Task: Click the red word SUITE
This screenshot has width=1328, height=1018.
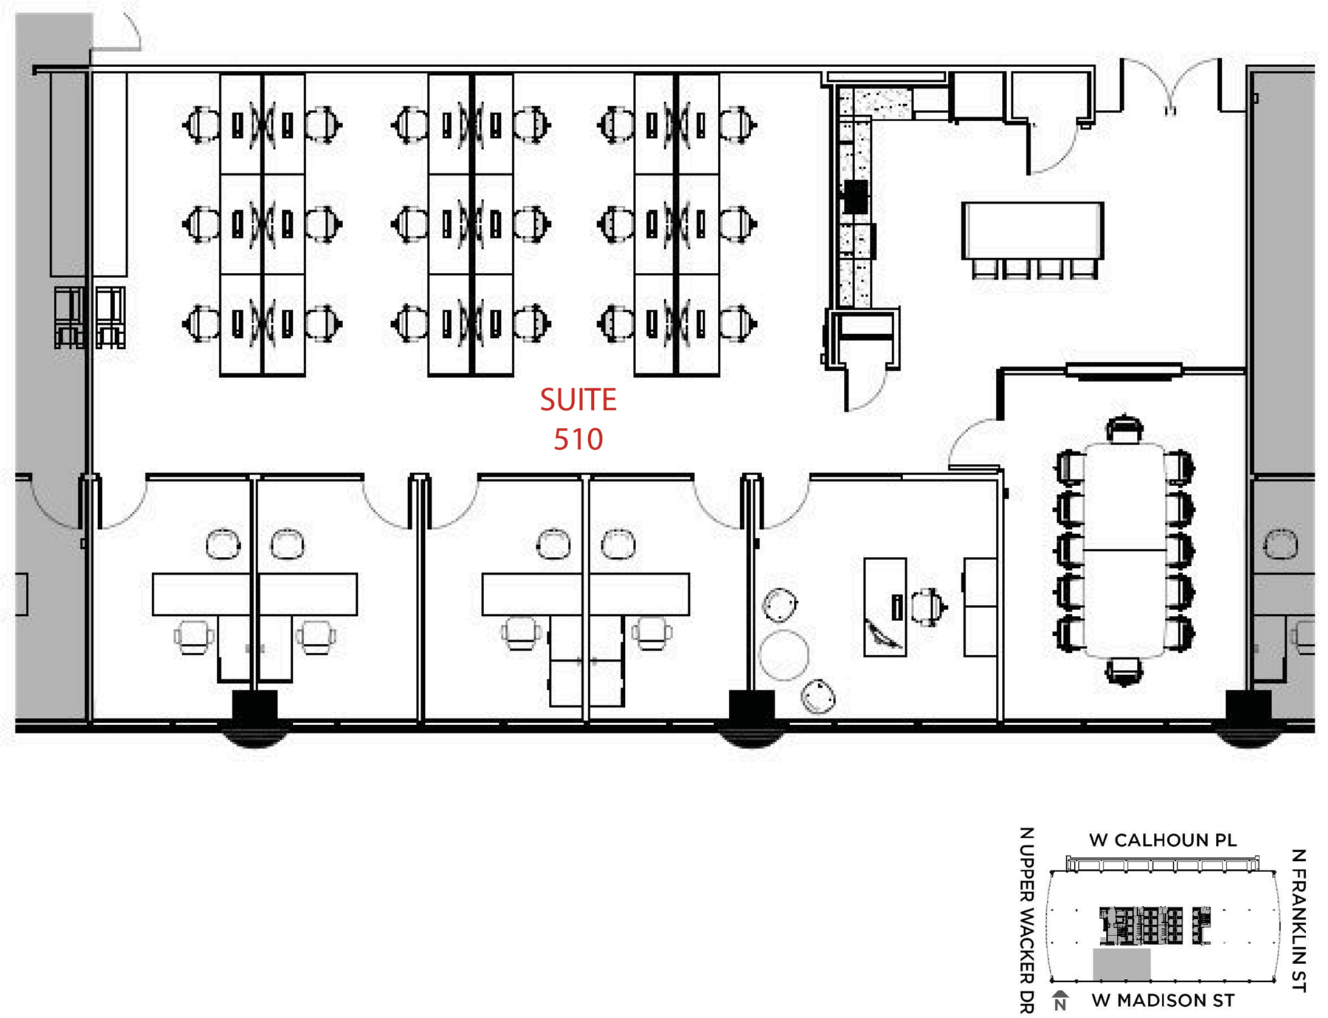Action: pyautogui.click(x=578, y=400)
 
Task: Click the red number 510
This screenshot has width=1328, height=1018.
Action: pyautogui.click(x=578, y=440)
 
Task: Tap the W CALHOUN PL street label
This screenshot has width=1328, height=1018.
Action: pyautogui.click(x=1162, y=840)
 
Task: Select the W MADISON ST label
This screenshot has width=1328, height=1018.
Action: pyautogui.click(x=1162, y=1001)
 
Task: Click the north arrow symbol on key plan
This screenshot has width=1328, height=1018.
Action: pyautogui.click(x=1060, y=1000)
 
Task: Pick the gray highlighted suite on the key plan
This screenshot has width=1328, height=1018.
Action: pyautogui.click(x=1121, y=965)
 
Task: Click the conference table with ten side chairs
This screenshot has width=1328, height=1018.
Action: pyautogui.click(x=1124, y=550)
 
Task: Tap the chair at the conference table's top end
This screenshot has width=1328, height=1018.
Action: pyautogui.click(x=1124, y=429)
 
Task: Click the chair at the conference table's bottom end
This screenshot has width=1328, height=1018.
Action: pyautogui.click(x=1123, y=672)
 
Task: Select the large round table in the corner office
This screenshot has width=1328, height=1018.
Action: pyautogui.click(x=784, y=654)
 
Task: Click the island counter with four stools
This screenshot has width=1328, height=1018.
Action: pyautogui.click(x=1032, y=230)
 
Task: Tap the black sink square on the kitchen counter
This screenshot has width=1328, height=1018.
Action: pyautogui.click(x=856, y=196)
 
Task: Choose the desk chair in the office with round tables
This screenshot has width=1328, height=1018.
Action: pyautogui.click(x=928, y=606)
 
